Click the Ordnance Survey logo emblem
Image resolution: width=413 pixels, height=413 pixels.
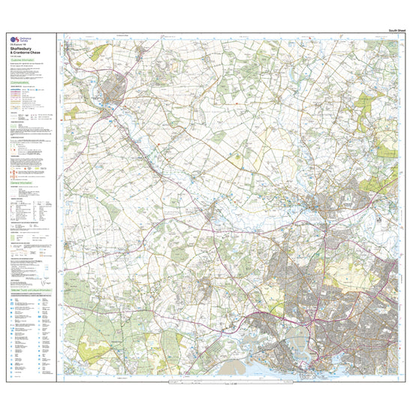(13, 38)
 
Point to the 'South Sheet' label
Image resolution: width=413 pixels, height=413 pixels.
(397, 29)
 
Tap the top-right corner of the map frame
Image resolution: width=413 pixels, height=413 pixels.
(406, 33)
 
